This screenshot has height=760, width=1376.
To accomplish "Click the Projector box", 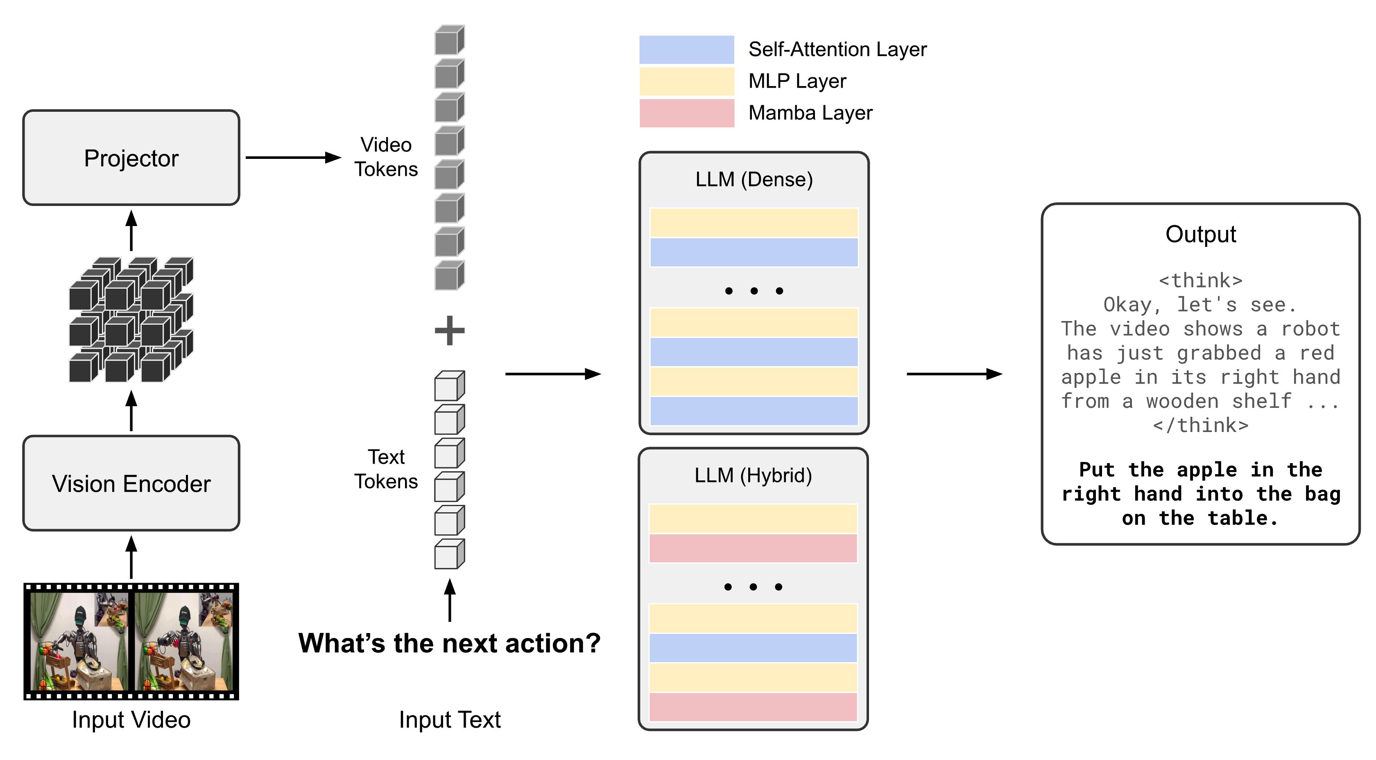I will tap(131, 158).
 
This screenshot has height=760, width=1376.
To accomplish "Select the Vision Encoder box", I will tap(131, 483).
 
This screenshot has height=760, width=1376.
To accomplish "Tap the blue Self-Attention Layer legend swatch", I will tap(686, 50).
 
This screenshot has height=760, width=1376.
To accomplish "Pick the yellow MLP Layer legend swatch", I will tap(686, 81).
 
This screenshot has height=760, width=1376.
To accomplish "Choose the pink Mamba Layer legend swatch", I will tap(686, 113).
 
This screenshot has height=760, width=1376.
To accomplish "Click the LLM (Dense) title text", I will tap(754, 179).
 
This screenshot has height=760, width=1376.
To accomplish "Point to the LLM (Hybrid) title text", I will tap(753, 475).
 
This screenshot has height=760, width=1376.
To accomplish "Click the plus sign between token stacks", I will tap(449, 330).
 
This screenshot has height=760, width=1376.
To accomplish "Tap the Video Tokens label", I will tap(386, 157).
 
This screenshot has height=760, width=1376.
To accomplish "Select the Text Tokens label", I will tap(386, 469).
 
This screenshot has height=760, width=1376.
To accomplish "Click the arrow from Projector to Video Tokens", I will tap(293, 158).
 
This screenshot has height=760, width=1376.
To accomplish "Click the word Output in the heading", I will tap(1200, 235).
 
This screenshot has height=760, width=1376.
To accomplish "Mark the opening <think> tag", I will tap(1200, 281).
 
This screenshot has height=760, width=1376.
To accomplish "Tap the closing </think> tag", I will tap(1200, 426).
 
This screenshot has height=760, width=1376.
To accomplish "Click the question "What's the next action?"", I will tap(449, 643).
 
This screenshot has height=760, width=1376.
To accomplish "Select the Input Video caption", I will tap(131, 720).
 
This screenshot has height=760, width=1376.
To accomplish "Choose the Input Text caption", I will tap(449, 720).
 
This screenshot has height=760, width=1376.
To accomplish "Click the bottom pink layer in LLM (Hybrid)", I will tap(753, 707).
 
